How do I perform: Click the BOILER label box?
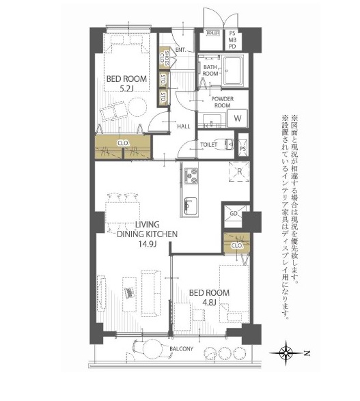(212, 33)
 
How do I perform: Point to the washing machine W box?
(237, 117)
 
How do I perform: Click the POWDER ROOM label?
(222, 102)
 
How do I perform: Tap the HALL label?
(183, 126)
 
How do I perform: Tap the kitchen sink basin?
(189, 205)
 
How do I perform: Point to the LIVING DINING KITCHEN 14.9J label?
(147, 233)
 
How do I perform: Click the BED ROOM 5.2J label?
(126, 83)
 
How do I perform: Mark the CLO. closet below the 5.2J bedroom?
(123, 143)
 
